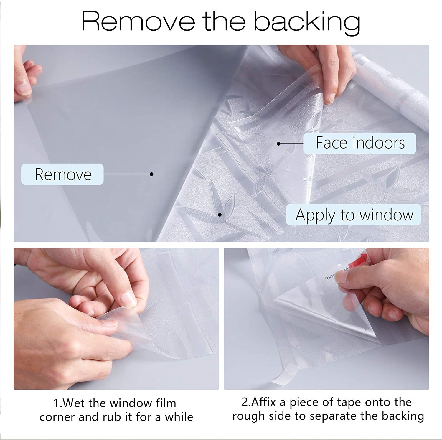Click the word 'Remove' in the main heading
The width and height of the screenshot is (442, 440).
click(x=138, y=21)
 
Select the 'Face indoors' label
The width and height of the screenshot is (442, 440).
click(x=360, y=143)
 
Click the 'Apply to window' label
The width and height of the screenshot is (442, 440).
click(x=354, y=215)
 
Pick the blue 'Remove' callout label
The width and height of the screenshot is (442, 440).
click(x=62, y=174)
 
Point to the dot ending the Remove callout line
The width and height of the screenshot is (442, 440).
click(x=151, y=174)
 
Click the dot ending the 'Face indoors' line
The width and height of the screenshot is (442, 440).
click(x=278, y=144)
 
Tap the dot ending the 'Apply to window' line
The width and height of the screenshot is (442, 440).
click(x=220, y=215)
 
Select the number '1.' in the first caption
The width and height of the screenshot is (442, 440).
click(x=58, y=403)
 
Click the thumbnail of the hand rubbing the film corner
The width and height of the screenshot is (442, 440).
click(x=116, y=319)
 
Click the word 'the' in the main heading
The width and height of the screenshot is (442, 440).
click(x=224, y=21)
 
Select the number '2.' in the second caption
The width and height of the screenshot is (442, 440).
click(x=246, y=402)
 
